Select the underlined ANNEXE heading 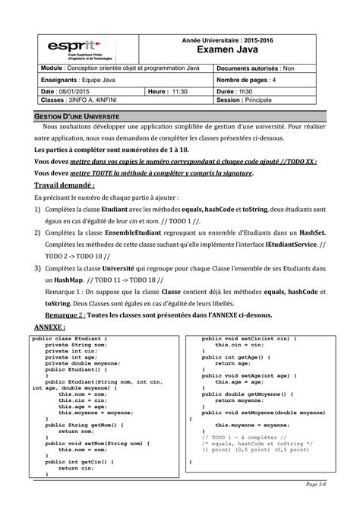pos(52,326)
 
